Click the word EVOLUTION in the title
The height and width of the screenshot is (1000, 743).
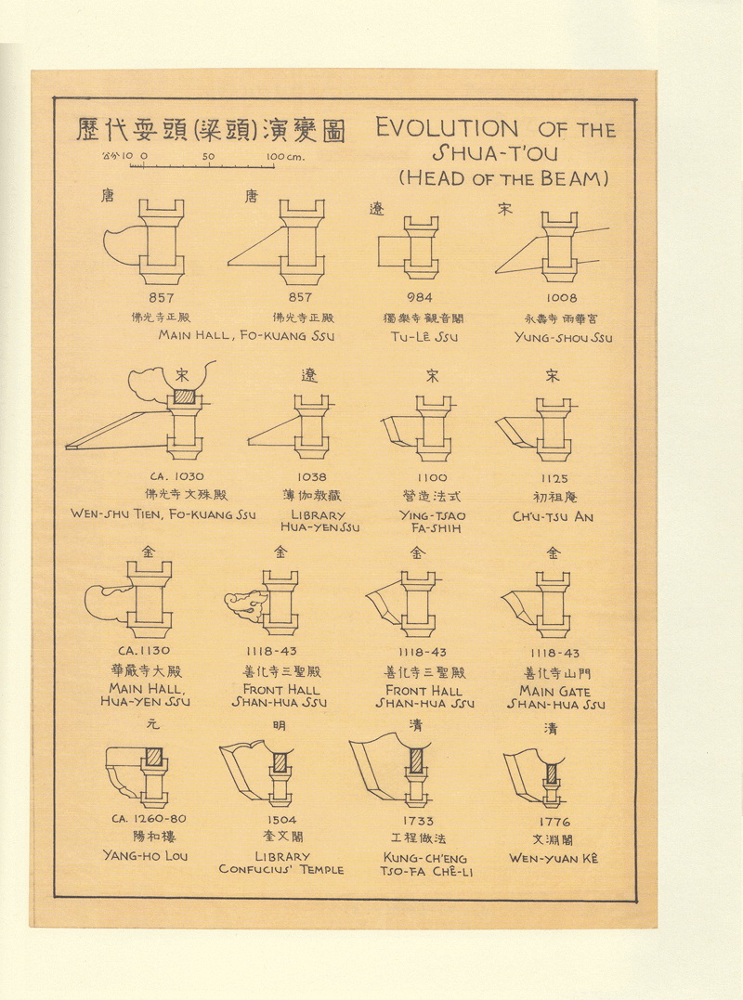tap(447, 128)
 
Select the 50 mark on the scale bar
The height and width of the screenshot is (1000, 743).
tap(208, 157)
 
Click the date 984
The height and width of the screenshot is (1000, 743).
tap(422, 298)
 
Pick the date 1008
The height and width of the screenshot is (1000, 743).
tap(561, 298)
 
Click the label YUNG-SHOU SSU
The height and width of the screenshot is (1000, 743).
tap(563, 337)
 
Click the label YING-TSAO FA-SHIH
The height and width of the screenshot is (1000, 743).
tap(432, 522)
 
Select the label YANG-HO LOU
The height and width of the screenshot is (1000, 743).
tap(145, 855)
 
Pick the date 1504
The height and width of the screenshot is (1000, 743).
tap(282, 820)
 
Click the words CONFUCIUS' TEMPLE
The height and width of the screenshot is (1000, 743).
tap(281, 870)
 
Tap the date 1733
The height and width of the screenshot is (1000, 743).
tap(419, 821)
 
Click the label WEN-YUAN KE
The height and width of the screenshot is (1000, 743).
tap(554, 858)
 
